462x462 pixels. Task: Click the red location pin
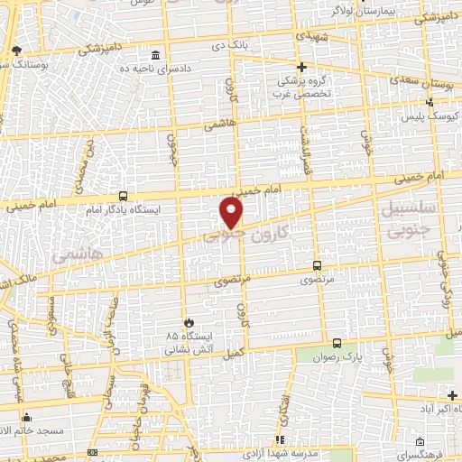pos(232,213)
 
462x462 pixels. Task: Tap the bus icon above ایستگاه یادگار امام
pos(123,196)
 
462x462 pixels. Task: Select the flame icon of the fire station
pos(188,322)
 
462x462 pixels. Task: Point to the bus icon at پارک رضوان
pos(337,344)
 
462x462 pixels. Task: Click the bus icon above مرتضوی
pos(316,265)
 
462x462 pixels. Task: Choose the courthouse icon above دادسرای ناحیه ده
pos(156,55)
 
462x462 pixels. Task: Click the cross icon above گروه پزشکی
pos(302,67)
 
